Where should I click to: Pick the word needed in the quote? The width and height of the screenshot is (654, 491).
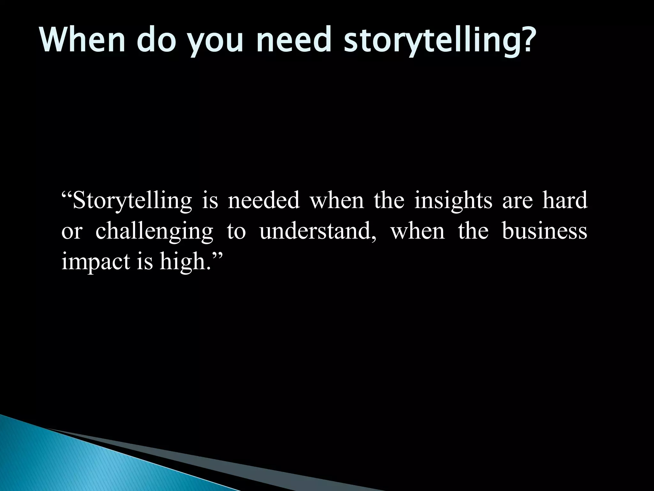tap(263, 201)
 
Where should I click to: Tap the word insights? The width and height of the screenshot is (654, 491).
tap(453, 201)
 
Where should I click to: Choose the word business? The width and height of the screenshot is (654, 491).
tap(544, 231)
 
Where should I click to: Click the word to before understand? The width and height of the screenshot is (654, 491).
tap(236, 231)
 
